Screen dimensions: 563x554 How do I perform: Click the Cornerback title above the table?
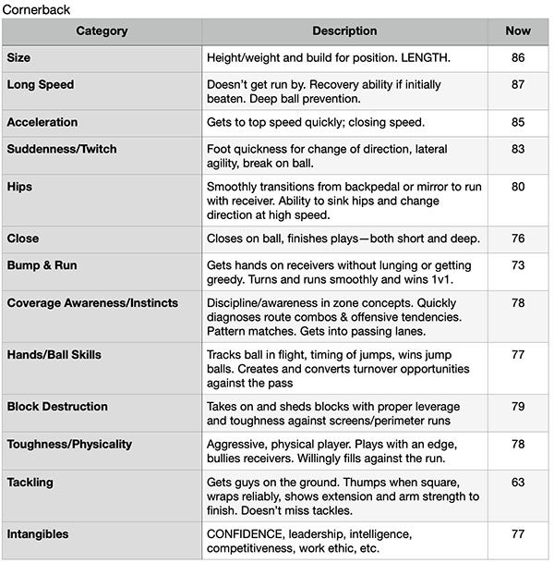pos(35,8)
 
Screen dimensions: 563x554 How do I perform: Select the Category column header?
pos(102,31)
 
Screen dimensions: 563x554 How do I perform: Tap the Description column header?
pos(344,31)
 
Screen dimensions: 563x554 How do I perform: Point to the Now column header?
pos(518,31)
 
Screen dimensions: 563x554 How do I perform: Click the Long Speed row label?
pos(41,85)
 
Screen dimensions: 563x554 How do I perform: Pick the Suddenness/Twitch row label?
pos(62,150)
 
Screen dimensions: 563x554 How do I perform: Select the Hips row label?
pos(19,187)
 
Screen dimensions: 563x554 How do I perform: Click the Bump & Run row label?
pos(42,266)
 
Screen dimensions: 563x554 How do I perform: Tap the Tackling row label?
pos(30,483)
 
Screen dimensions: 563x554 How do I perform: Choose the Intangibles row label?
pos(38,534)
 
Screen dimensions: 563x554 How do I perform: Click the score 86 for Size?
pos(518,57)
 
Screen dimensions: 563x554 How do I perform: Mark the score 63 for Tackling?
pos(518,483)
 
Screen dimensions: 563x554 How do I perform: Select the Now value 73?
pos(518,266)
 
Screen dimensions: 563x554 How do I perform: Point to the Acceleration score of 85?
pos(518,123)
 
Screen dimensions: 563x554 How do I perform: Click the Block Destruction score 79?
pos(518,407)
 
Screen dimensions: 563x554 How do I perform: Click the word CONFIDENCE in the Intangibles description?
pos(249,534)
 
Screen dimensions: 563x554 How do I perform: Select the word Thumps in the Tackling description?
pos(367,483)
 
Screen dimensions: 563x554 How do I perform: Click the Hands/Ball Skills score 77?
pos(518,354)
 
